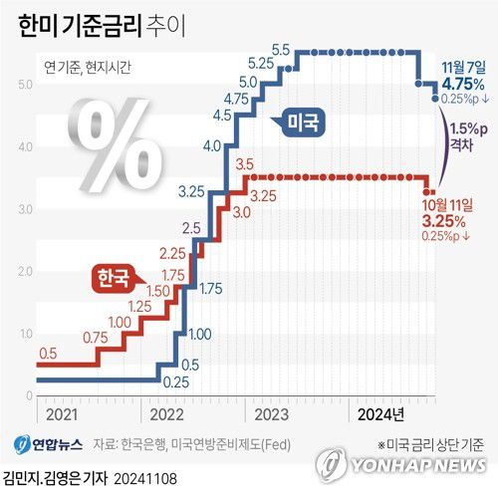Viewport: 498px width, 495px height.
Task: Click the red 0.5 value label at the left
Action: (48, 353)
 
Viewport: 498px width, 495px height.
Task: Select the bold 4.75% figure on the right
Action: (465, 84)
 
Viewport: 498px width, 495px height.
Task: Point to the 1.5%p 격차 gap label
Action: (468, 135)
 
